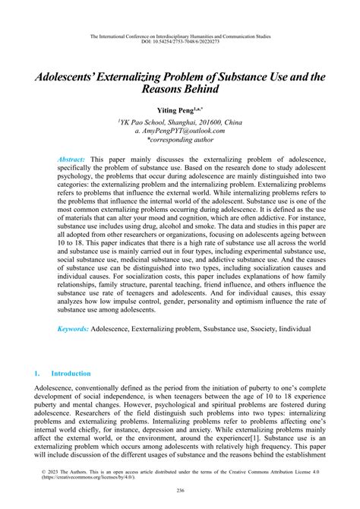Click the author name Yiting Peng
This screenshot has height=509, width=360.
point(179,110)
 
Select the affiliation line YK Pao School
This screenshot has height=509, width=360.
point(179,122)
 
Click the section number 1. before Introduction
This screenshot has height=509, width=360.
point(38,374)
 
